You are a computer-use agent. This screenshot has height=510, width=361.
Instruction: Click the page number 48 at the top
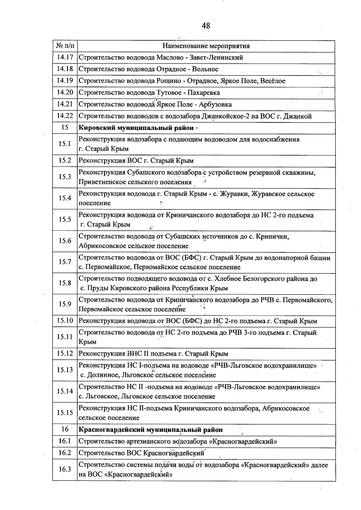206,26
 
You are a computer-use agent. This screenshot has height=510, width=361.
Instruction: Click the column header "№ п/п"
65,46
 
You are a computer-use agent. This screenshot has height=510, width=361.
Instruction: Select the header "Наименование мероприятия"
206,46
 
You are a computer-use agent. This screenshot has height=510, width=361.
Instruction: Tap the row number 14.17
65,57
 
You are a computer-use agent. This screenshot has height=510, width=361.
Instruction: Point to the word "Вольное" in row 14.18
205,69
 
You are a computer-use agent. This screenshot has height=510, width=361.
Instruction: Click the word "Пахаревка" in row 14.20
204,93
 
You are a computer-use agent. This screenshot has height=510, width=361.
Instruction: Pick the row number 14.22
65,116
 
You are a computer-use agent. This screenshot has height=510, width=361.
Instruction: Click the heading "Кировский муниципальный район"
136,128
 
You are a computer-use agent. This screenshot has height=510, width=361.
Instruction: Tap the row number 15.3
65,177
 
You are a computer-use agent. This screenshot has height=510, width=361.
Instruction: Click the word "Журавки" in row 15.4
234,194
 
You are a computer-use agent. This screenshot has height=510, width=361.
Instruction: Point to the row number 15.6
65,240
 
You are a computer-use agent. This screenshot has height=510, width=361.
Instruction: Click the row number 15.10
65,321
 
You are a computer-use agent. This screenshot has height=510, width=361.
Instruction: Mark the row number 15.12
65,354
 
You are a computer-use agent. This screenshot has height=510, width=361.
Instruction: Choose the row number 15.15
65,413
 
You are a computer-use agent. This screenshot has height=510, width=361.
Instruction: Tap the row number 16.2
65,453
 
